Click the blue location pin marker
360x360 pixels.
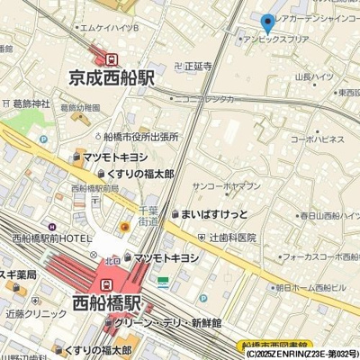point(265,24)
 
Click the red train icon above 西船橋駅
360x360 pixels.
point(106,281)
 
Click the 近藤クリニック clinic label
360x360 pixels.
point(34,317)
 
